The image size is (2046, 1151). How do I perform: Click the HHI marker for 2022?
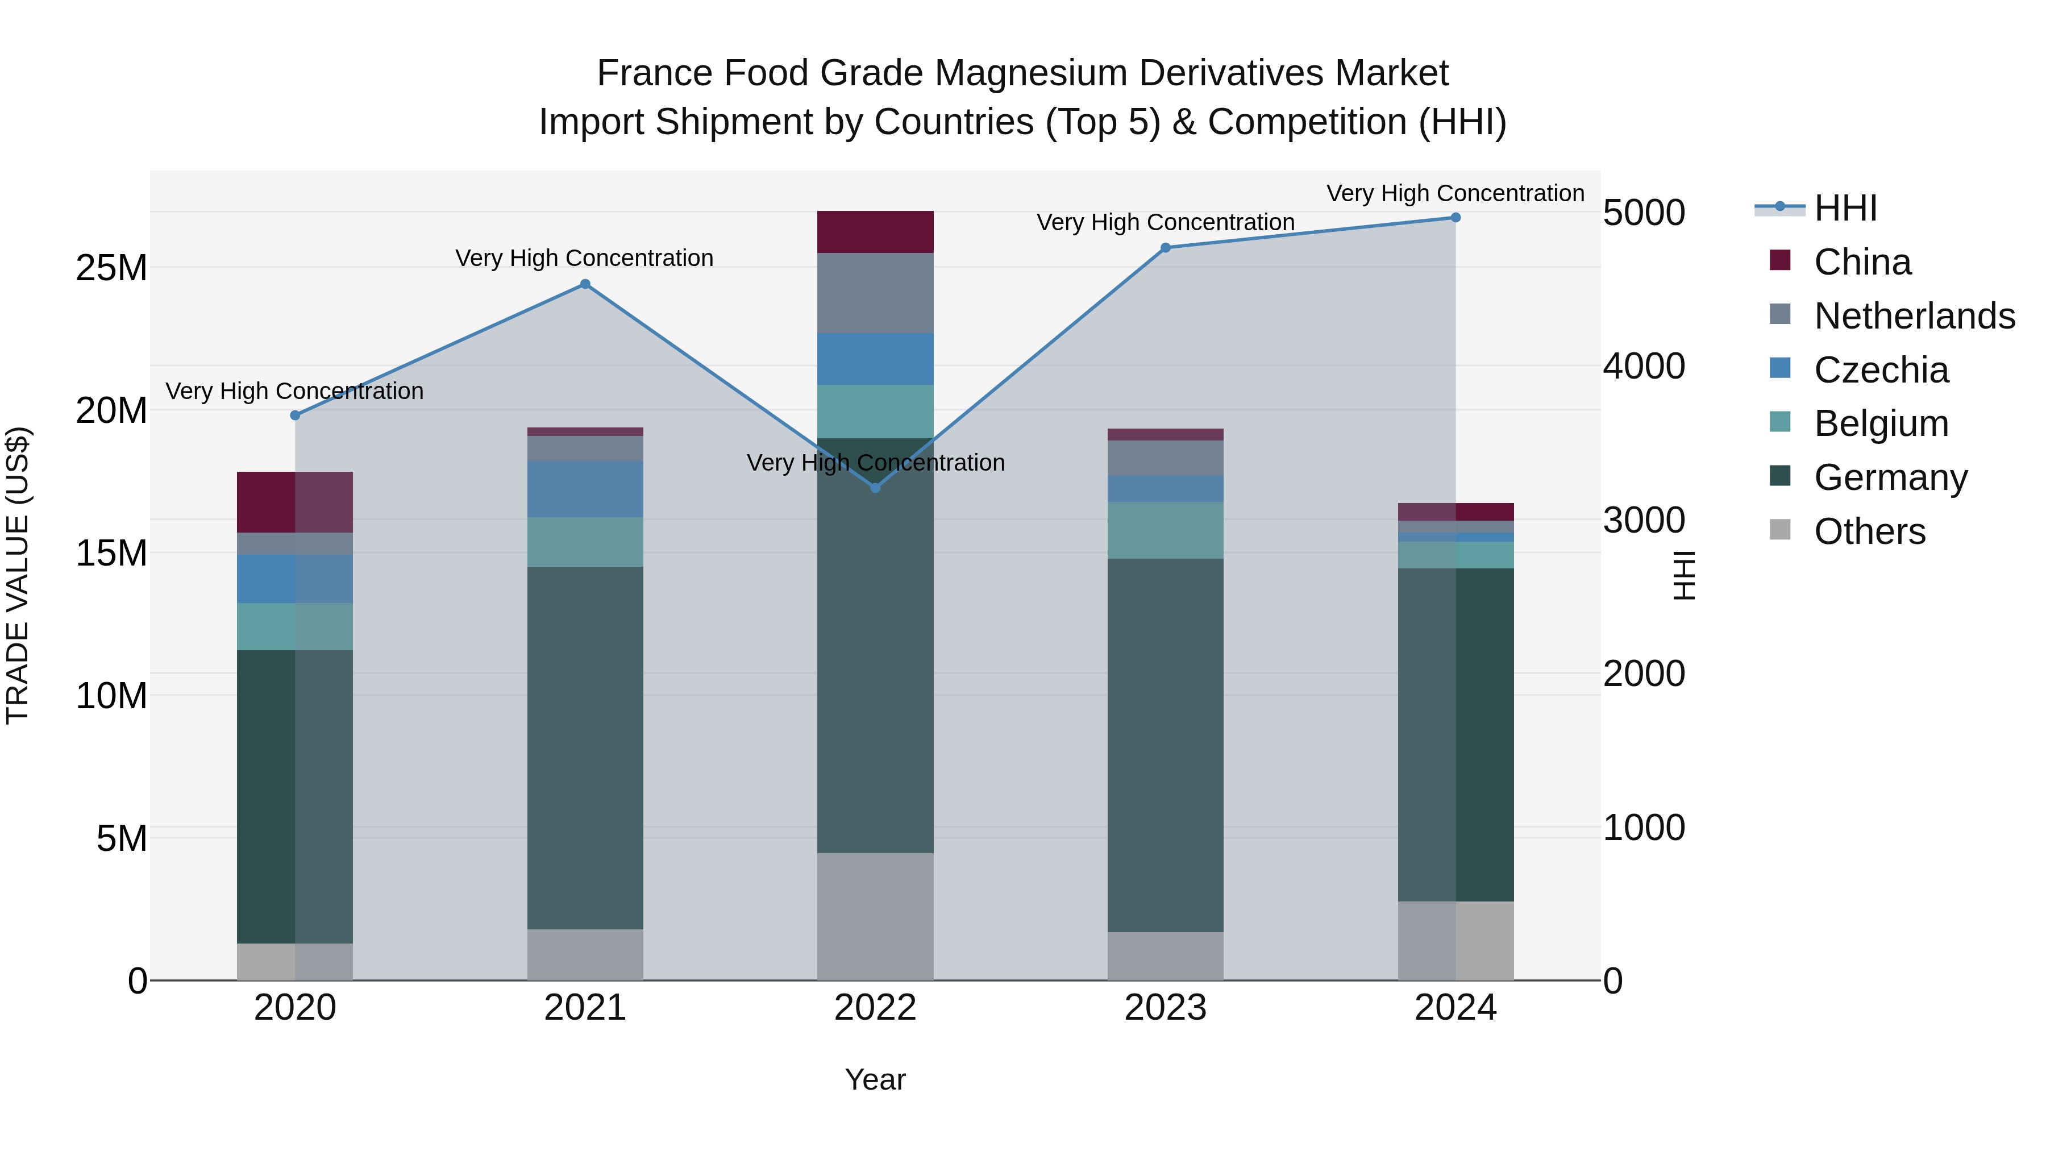click(875, 488)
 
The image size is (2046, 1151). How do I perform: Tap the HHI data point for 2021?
click(585, 284)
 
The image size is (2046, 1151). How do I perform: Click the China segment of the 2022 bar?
click(875, 232)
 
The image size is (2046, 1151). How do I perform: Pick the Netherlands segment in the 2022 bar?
click(875, 293)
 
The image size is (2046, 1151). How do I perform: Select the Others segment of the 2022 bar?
click(875, 917)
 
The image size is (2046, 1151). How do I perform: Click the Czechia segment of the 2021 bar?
click(585, 489)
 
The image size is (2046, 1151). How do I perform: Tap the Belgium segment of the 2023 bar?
click(1165, 531)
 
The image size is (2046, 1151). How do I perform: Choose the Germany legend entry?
click(1890, 477)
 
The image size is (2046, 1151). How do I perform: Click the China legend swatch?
click(1781, 260)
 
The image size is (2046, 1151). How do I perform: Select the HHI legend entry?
click(1845, 208)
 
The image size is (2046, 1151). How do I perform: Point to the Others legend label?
click(1870, 531)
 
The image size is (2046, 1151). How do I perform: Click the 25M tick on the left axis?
click(111, 268)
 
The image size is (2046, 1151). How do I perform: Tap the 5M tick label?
click(122, 839)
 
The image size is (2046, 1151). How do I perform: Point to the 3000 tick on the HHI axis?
click(1643, 520)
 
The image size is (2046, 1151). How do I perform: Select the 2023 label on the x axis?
click(1165, 1008)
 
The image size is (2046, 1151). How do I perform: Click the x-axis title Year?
click(875, 1079)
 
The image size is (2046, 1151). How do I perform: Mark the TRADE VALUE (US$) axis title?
click(18, 575)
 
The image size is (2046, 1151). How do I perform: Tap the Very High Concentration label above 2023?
click(1165, 222)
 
